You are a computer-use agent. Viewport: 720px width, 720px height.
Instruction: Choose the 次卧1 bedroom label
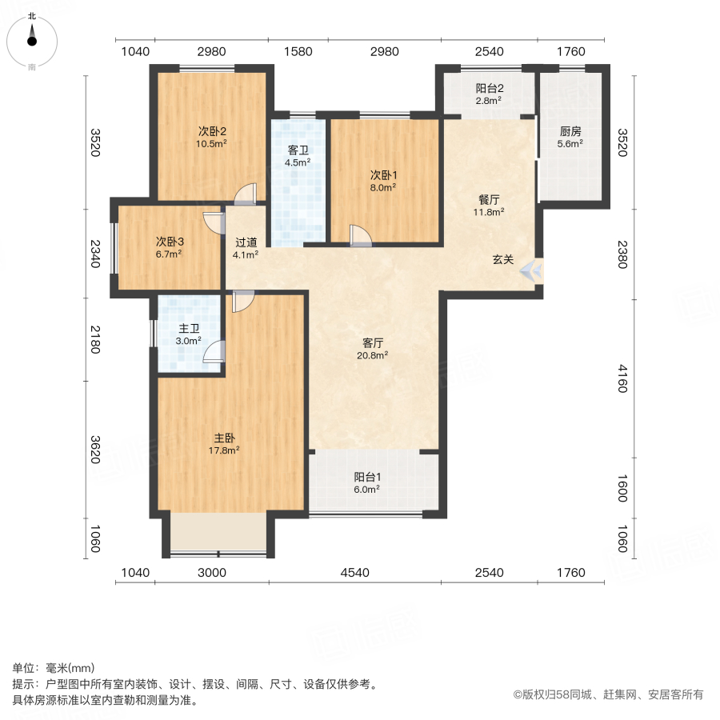click(383, 174)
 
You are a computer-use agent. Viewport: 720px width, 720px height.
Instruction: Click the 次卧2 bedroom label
click(213, 131)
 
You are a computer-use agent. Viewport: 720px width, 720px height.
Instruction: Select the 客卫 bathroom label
click(298, 150)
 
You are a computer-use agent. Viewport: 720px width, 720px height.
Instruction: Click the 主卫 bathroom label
click(189, 328)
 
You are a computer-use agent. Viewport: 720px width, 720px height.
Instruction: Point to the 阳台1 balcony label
click(366, 477)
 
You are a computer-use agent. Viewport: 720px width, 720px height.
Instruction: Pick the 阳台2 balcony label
click(489, 89)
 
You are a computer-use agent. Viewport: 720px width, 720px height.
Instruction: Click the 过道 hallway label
click(246, 242)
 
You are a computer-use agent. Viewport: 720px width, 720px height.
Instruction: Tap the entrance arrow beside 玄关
click(532, 270)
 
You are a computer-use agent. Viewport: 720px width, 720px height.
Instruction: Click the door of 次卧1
click(360, 235)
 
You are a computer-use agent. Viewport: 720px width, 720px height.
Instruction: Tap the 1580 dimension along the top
click(298, 52)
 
